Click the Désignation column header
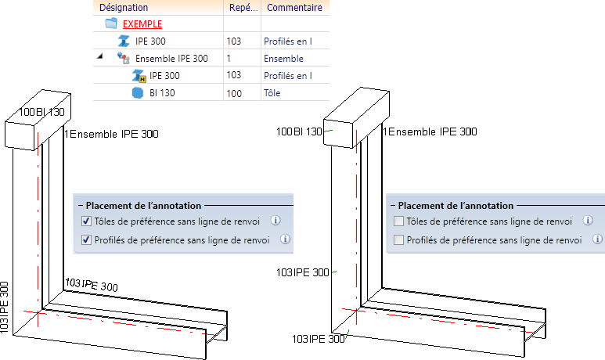coord(124,8)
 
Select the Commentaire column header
coord(294,8)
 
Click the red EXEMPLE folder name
coord(142,24)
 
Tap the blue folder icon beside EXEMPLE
coord(111,23)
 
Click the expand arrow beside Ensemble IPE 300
coord(100,56)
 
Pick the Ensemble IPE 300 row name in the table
coord(171,59)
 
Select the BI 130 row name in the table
coord(162,93)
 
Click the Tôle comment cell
coord(272,93)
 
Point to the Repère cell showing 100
coord(234,93)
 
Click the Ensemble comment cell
coord(283,59)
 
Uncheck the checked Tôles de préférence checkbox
coord(86,221)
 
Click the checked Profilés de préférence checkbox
coord(86,240)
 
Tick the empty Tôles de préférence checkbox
coord(398,221)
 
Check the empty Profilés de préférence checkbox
coord(398,240)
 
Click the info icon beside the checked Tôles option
coord(275,221)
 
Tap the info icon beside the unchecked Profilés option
coord(597,239)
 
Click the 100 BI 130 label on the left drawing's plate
coord(41,112)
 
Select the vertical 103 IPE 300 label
coord(4,307)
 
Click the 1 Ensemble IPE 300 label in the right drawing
coord(430,132)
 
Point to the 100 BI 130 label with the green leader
coord(299,132)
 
